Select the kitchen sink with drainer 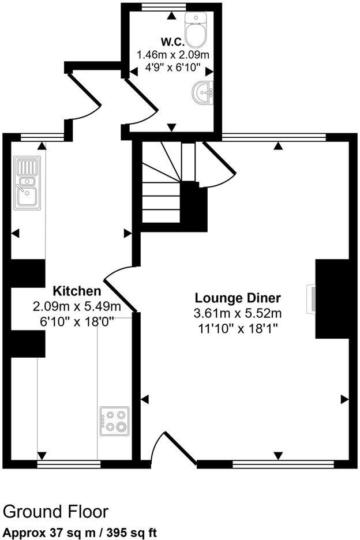pos(28,182)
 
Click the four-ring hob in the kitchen pos(114,421)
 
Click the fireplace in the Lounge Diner pos(312,298)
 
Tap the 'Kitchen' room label pos(77,291)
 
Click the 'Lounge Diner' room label pos(238,298)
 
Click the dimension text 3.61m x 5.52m pos(238,314)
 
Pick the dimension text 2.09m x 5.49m pos(77,306)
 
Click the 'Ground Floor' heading pos(55,511)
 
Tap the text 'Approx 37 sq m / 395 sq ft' pos(80,532)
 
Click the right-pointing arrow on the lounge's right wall pos(345,399)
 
